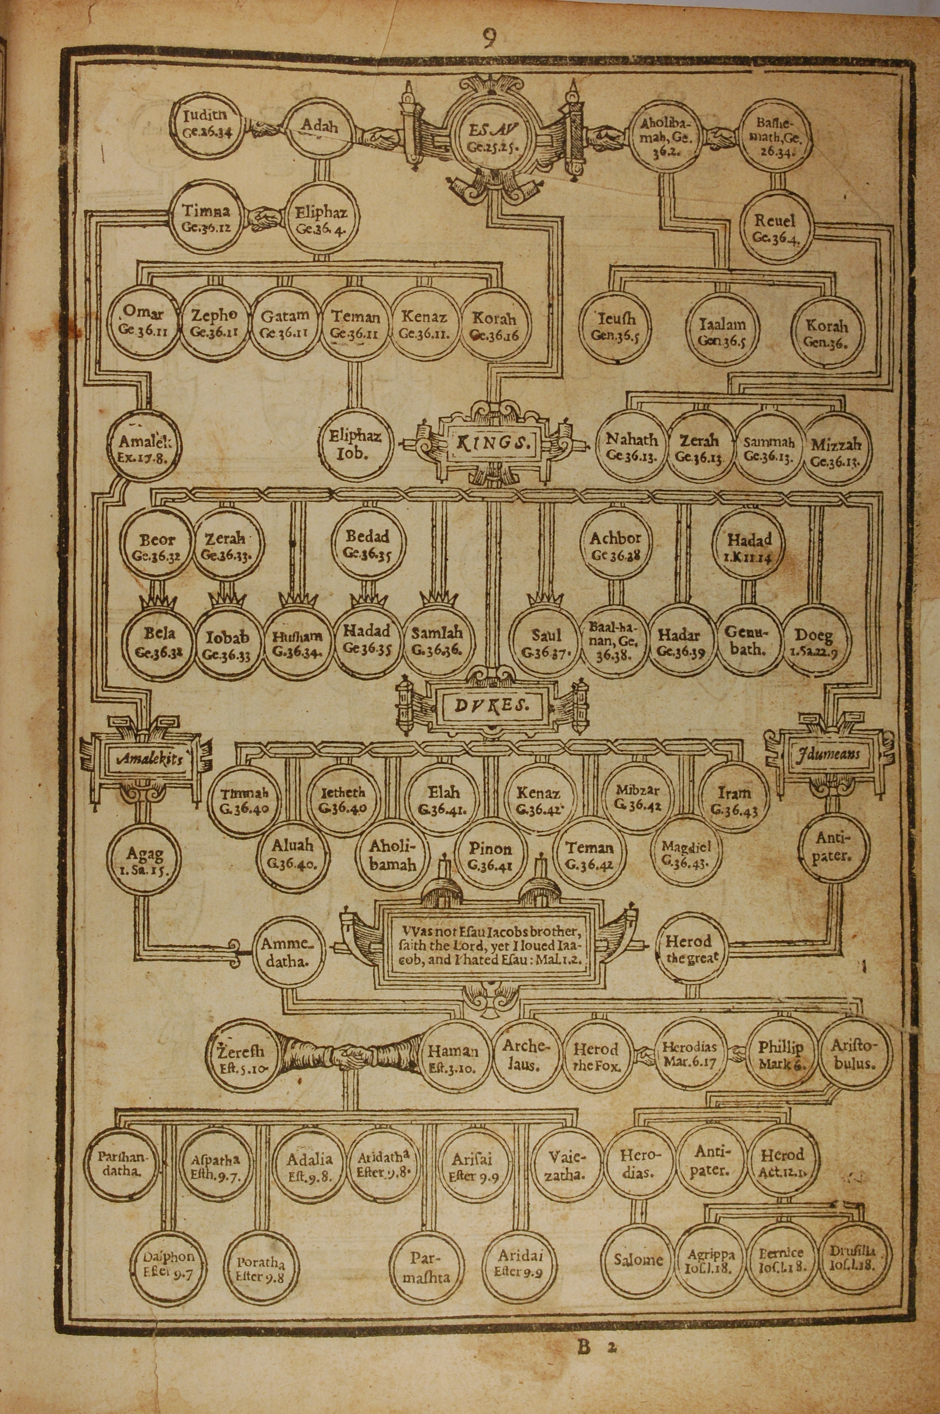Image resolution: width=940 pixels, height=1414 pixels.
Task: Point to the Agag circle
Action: coord(144,858)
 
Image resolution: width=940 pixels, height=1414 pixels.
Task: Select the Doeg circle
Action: coord(812,640)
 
